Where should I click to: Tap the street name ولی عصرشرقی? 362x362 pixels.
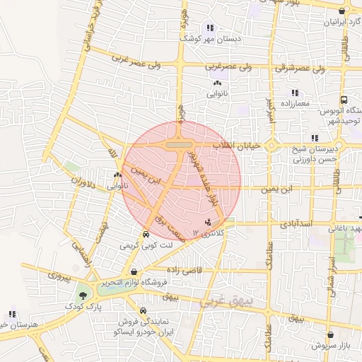[x=291, y=69]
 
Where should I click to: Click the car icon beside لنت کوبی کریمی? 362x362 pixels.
[x=145, y=234]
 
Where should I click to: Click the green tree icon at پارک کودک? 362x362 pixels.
[x=84, y=295]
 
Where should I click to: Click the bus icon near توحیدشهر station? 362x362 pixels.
[x=344, y=100]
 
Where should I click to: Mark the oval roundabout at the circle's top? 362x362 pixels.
[x=181, y=144]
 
